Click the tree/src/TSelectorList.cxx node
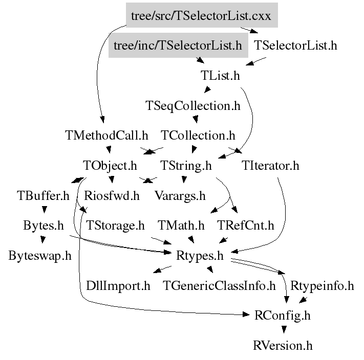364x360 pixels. coord(201,16)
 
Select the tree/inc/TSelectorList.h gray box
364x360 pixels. coord(177,46)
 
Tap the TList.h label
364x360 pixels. coord(220,76)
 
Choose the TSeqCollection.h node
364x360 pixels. coord(192,106)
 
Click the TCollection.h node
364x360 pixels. coord(198,136)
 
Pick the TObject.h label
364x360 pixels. coord(110,166)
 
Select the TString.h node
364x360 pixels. coord(186,166)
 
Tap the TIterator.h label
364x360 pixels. coord(271,166)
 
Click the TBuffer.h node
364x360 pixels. coord(42,195)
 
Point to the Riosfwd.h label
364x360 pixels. coord(112,195)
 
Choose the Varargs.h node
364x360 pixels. coord(180,195)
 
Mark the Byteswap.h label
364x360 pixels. coord(39,256)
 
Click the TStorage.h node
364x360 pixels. coord(115,226)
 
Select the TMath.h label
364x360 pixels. coord(181,226)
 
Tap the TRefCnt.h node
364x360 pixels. coord(246,226)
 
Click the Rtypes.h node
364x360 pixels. coord(200,256)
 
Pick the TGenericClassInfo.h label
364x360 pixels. coord(219,285)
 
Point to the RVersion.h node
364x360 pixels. coord(282,346)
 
